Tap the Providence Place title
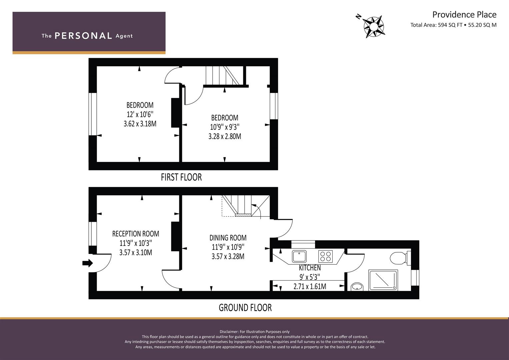(464, 15)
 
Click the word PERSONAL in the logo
(83, 36)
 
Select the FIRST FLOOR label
(181, 177)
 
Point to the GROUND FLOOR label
(245, 308)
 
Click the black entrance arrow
(87, 263)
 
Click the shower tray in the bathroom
(383, 280)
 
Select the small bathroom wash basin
(357, 287)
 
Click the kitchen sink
(299, 256)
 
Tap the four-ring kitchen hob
(326, 256)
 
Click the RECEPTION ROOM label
(136, 234)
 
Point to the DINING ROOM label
(228, 238)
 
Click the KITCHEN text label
(310, 268)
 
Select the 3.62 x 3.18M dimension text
(140, 124)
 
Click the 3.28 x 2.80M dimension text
(225, 137)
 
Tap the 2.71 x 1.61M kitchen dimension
(310, 286)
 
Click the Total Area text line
(453, 25)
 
